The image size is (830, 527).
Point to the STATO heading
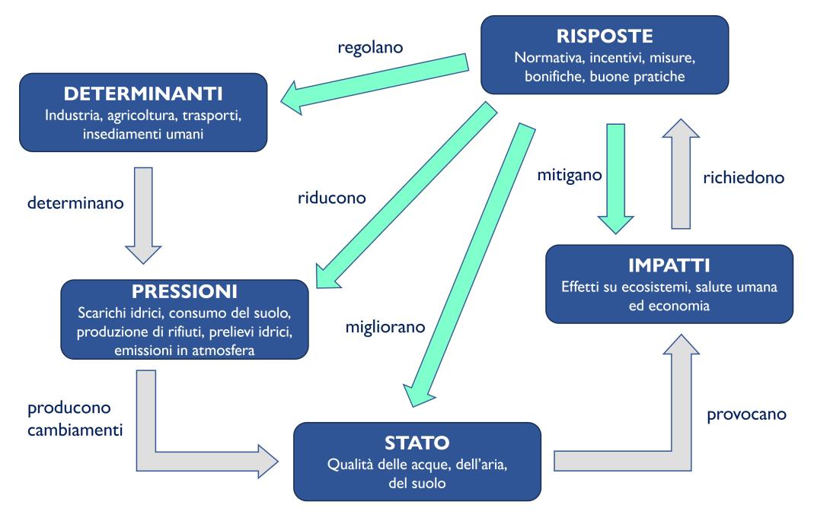point(417,442)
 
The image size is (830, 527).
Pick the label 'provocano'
point(746,415)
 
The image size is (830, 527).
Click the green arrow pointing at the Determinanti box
point(373,76)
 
